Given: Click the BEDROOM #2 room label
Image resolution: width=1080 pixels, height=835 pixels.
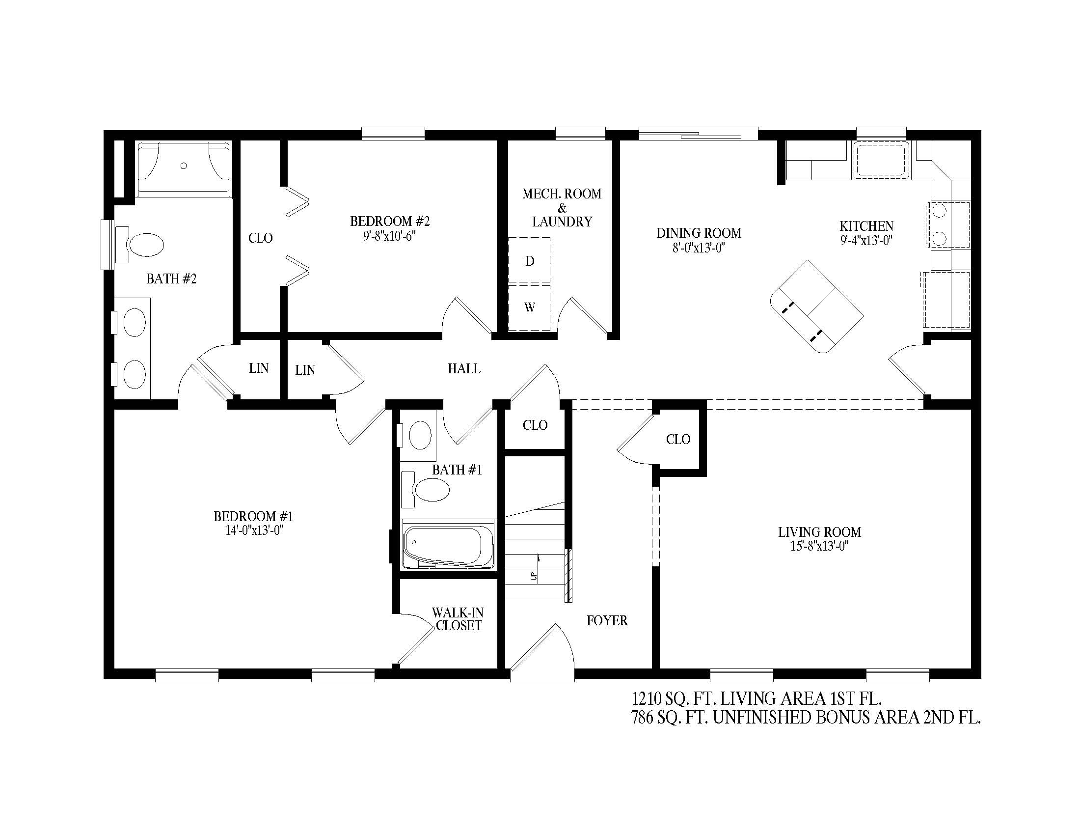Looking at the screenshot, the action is pos(390,221).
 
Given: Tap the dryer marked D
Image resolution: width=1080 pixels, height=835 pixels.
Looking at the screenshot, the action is pos(530,261).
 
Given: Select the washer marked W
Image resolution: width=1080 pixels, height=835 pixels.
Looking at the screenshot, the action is pos(530,307).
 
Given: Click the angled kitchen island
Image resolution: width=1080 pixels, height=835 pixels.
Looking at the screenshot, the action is pos(817,306).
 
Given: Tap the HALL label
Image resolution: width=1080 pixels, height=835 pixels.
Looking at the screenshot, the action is pos(464,368).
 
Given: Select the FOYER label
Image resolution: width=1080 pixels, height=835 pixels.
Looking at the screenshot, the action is pos(607,620).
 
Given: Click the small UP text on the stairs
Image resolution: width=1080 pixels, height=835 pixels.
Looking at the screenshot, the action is pos(534,576).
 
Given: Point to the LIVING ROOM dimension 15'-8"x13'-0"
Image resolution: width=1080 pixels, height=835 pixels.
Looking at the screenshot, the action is pos(820,546).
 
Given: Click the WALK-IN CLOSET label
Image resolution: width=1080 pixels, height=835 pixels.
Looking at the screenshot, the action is pos(459,619).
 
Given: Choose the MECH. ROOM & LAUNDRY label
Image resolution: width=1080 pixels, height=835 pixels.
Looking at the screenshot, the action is pos(562,208).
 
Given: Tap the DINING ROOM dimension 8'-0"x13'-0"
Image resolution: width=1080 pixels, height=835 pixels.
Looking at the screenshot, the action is pos(699,248).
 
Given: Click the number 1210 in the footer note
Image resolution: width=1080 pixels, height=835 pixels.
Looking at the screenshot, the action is pos(646,699).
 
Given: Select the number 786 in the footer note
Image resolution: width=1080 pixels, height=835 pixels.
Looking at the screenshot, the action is pos(642,718).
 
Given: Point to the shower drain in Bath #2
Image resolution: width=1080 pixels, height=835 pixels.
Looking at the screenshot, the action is pos(184,166).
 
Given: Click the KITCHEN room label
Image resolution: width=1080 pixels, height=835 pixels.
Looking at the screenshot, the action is pos(866,226).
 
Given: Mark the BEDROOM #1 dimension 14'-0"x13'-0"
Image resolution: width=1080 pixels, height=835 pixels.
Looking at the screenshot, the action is pos(254,530).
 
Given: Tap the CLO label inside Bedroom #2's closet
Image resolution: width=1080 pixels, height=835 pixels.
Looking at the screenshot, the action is pos(261,238).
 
